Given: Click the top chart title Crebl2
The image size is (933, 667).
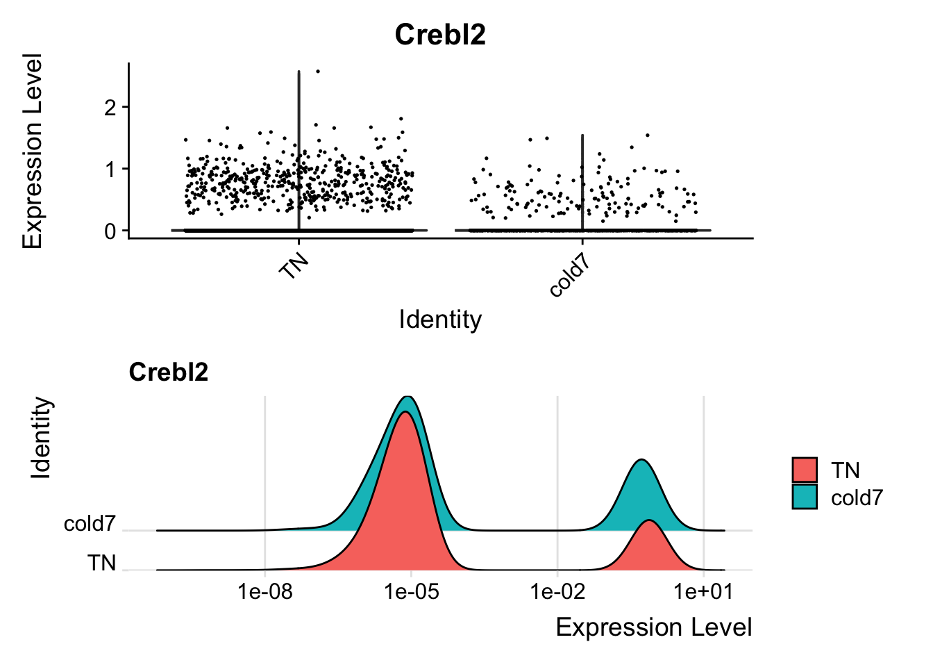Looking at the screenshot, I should (440, 35).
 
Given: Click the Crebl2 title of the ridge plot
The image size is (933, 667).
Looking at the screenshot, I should (168, 372).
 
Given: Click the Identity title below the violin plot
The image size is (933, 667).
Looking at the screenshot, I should (440, 320).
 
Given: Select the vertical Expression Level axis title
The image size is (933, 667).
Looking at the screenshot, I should (33, 151).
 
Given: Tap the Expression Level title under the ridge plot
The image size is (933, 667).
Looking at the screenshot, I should (654, 627).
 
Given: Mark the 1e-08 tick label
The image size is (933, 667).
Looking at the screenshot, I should (265, 592).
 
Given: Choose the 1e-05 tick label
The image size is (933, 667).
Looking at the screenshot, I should (412, 592).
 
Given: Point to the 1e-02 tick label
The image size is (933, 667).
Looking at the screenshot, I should (557, 592).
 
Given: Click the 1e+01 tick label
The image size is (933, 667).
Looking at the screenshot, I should (704, 592).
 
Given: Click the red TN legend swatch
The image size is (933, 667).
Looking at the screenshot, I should (805, 470).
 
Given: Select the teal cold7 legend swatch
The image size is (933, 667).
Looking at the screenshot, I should (805, 497).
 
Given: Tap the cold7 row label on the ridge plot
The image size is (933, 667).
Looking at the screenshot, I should (90, 524).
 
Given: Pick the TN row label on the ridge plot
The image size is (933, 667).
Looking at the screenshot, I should (101, 563).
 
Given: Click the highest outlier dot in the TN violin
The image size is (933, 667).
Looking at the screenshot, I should (318, 71).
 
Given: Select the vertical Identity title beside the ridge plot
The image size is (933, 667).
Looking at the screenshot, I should (42, 438).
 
